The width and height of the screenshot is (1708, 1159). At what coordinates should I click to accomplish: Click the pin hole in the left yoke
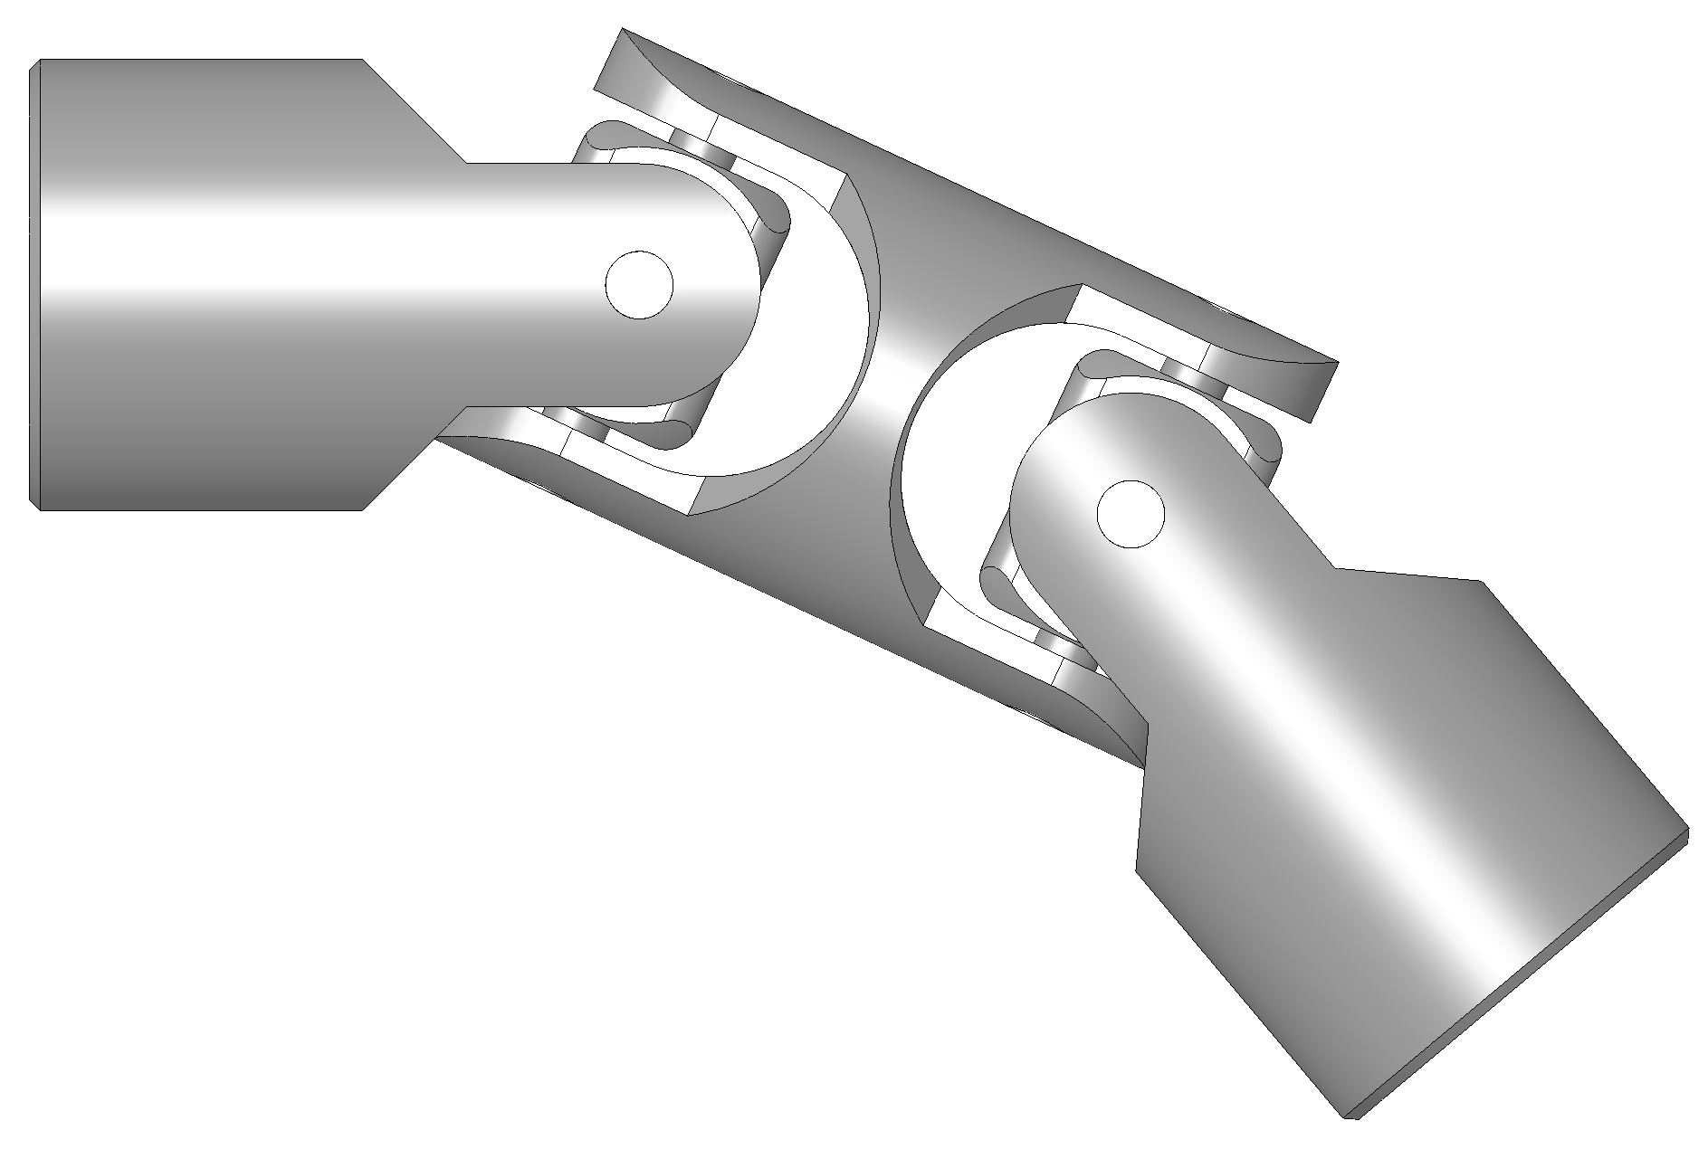coord(639,284)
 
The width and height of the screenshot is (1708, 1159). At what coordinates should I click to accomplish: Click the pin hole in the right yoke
coord(1130,514)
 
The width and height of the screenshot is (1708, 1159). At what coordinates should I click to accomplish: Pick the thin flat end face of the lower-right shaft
coord(1521,977)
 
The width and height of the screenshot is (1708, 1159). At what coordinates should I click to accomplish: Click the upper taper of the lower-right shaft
coord(1412,579)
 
